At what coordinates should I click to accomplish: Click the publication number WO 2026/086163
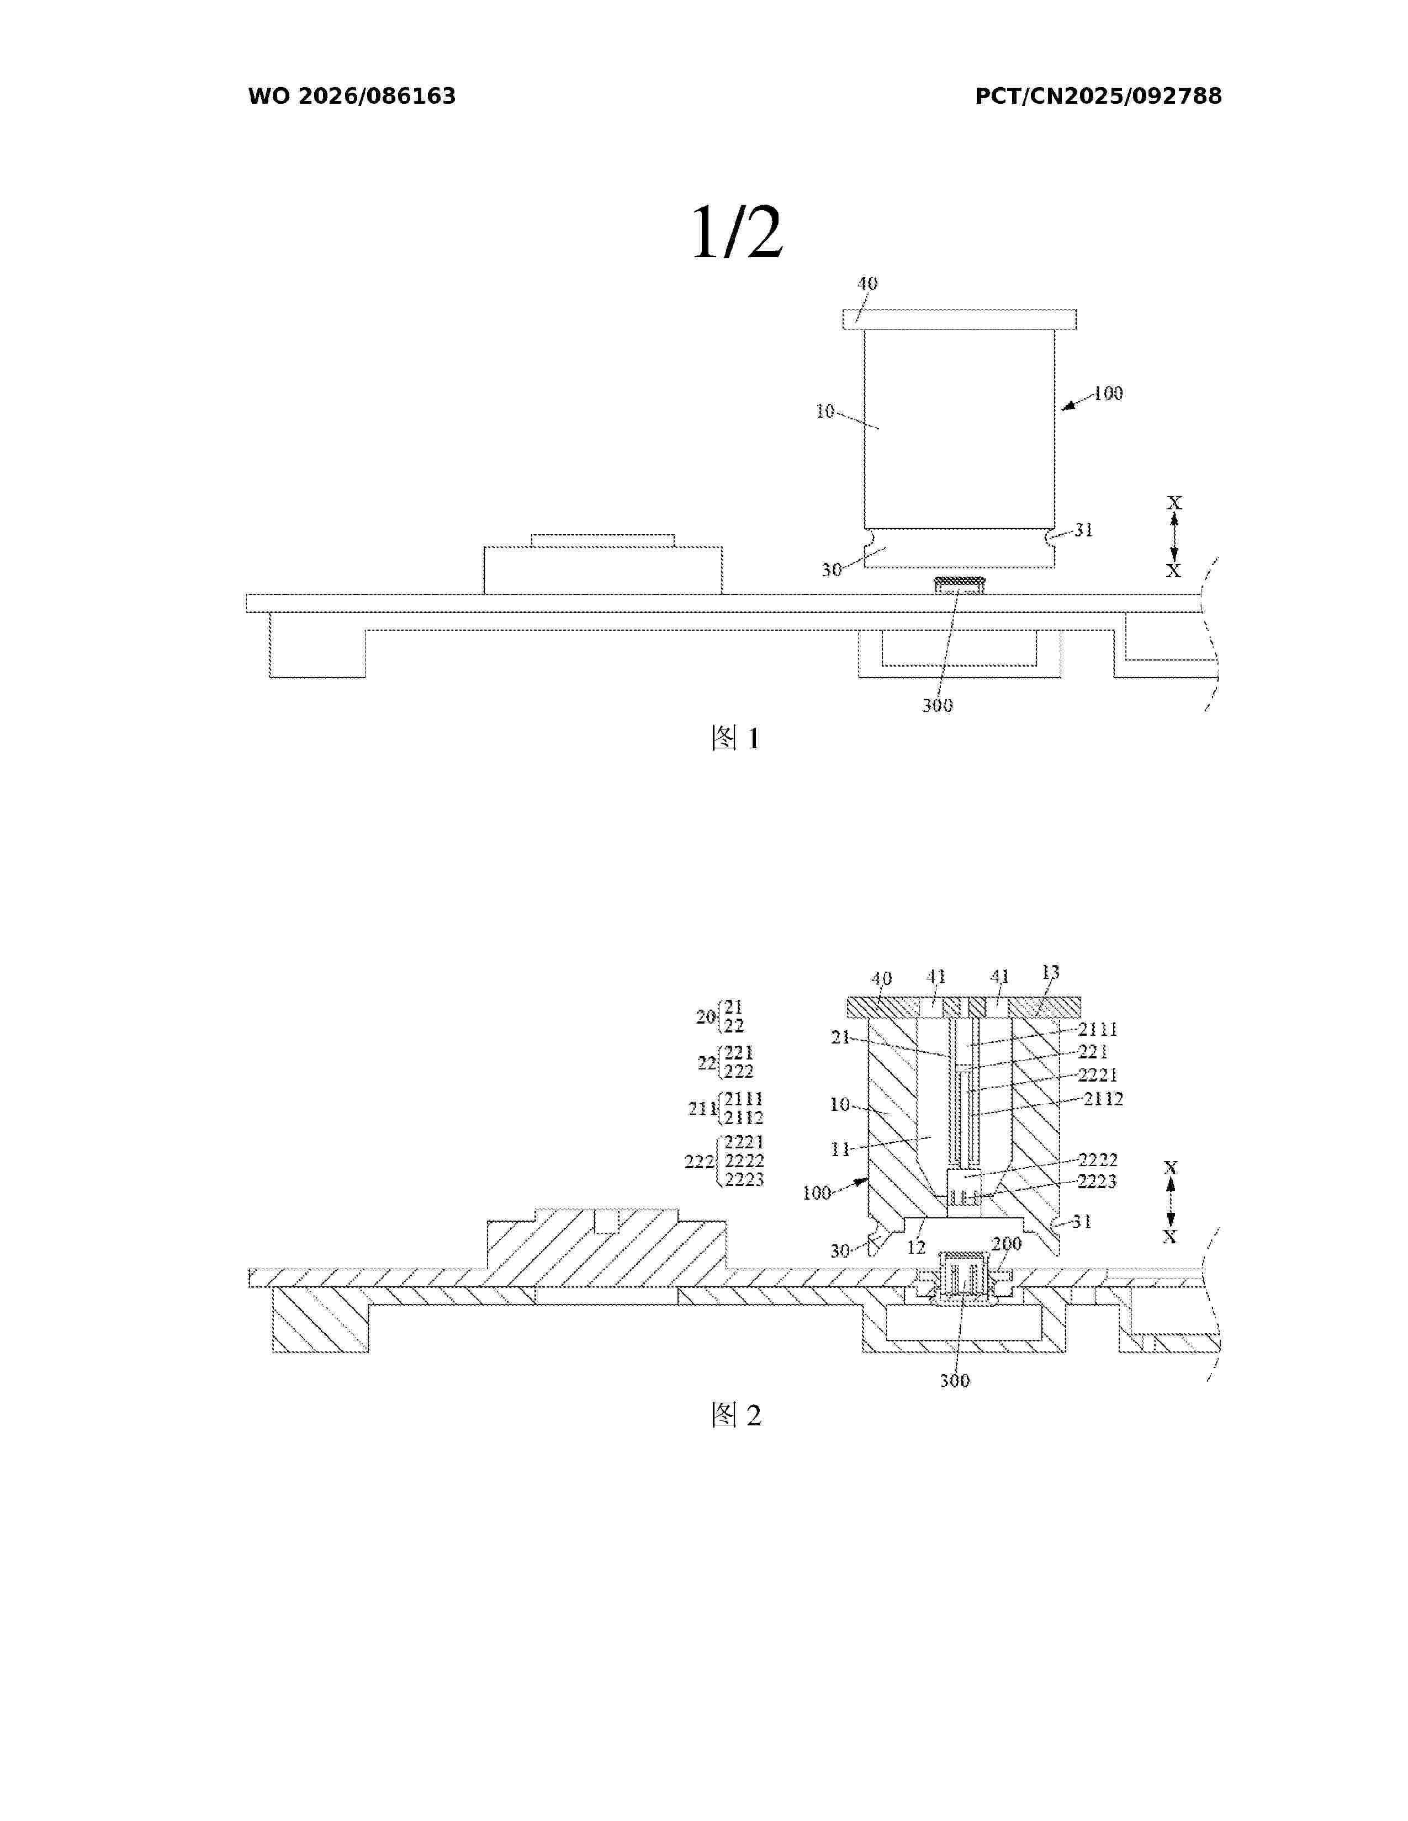coord(352,97)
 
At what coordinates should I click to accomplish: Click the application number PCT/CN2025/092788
coord(1099,97)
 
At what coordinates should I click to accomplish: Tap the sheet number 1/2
coord(737,233)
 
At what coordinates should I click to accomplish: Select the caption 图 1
coord(735,738)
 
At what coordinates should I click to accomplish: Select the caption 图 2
coord(735,1415)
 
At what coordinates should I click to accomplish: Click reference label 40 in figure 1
coord(867,284)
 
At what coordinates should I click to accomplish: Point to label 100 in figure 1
coord(1108,393)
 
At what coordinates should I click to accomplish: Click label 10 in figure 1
coord(825,411)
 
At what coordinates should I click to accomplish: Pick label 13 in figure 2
coord(1050,972)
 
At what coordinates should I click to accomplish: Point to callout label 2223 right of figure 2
coord(1097,1181)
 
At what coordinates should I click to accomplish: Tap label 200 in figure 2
coord(1007,1244)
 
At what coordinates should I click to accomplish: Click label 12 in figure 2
coord(916,1247)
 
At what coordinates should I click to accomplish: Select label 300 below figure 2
coord(955,1381)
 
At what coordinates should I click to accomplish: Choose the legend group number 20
coord(706,1016)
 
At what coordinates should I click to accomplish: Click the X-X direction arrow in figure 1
coord(1174,537)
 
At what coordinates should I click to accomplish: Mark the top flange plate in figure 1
coord(959,320)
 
